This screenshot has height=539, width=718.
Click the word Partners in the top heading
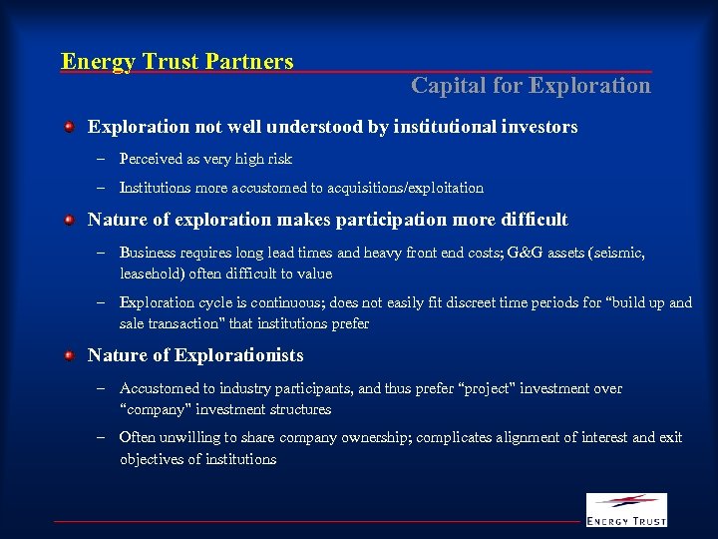(x=249, y=62)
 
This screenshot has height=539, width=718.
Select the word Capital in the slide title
(x=444, y=86)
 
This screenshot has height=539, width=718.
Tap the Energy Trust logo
(x=625, y=509)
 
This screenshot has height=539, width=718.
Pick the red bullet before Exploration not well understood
(x=69, y=128)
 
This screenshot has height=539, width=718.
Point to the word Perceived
(x=152, y=159)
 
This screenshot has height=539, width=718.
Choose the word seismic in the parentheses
(x=618, y=253)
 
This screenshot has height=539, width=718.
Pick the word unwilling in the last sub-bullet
(x=188, y=438)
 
